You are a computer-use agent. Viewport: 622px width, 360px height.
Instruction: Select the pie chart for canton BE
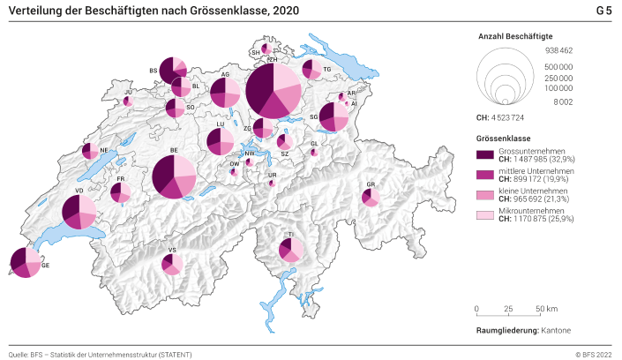pyautogui.click(x=174, y=177)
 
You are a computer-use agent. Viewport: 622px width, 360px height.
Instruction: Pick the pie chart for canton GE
pyautogui.click(x=25, y=262)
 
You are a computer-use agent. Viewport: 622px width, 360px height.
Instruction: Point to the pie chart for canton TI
pyautogui.click(x=290, y=250)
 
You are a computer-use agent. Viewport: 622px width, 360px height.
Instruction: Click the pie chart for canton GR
pyautogui.click(x=371, y=197)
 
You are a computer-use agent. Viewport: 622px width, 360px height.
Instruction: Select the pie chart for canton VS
pyautogui.click(x=172, y=263)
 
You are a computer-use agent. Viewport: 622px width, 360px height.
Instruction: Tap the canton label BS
pyautogui.click(x=153, y=71)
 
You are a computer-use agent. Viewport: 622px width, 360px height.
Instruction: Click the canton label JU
pyautogui.click(x=128, y=92)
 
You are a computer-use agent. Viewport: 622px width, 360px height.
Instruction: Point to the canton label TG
pyautogui.click(x=326, y=69)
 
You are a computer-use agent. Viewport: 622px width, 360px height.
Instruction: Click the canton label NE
pyautogui.click(x=103, y=151)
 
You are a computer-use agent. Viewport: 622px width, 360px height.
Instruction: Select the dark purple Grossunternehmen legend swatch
pyautogui.click(x=484, y=154)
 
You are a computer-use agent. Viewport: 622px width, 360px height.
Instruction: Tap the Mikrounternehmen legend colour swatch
pyautogui.click(x=484, y=214)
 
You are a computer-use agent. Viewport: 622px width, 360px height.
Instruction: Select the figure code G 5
pyautogui.click(x=603, y=11)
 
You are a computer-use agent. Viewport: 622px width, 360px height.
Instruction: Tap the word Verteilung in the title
pyautogui.click(x=36, y=11)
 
